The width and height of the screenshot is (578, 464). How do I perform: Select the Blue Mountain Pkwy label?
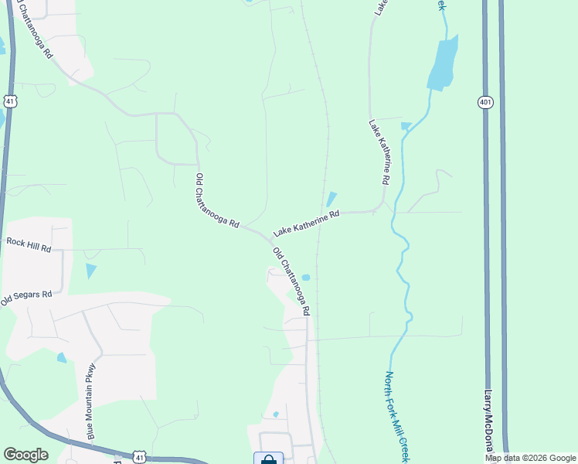click(x=90, y=401)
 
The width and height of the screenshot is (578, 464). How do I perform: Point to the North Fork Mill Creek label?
click(x=396, y=416)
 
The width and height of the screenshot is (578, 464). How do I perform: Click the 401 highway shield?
click(x=484, y=103)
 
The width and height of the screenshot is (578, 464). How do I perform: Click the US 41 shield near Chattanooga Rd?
click(x=9, y=101)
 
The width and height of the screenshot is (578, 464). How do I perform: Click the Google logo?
click(x=25, y=455)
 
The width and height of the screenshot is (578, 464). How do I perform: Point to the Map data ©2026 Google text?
click(x=531, y=458)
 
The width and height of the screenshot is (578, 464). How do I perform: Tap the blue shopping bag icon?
click(x=268, y=459)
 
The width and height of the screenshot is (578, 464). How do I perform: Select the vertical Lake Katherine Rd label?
click(x=378, y=152)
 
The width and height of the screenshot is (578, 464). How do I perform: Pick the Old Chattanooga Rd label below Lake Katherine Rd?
click(x=291, y=281)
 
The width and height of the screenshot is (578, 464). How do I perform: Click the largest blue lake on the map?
click(x=442, y=63)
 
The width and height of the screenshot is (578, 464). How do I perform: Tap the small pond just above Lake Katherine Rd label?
click(x=331, y=198)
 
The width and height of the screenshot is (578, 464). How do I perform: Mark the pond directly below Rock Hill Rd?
click(x=91, y=271)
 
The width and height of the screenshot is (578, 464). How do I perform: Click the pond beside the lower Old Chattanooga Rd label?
click(x=306, y=278)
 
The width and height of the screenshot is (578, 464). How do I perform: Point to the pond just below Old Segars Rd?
click(x=61, y=357)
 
